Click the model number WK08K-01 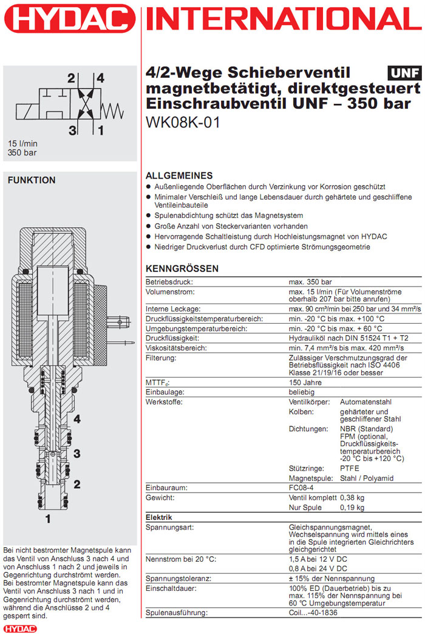click(x=183, y=122)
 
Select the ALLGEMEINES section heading click(x=180, y=175)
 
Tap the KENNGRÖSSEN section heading click(x=183, y=269)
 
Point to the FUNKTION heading click(x=31, y=180)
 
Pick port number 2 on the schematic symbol click(x=71, y=78)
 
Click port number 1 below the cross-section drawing click(x=48, y=519)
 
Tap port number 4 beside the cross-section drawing click(x=77, y=420)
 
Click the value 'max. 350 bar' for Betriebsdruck click(x=310, y=282)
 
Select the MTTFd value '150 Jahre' click(x=304, y=383)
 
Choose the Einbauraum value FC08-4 click(x=302, y=488)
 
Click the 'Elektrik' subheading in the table click(x=158, y=517)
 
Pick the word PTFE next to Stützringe click(x=349, y=468)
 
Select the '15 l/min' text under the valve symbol click(x=22, y=143)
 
